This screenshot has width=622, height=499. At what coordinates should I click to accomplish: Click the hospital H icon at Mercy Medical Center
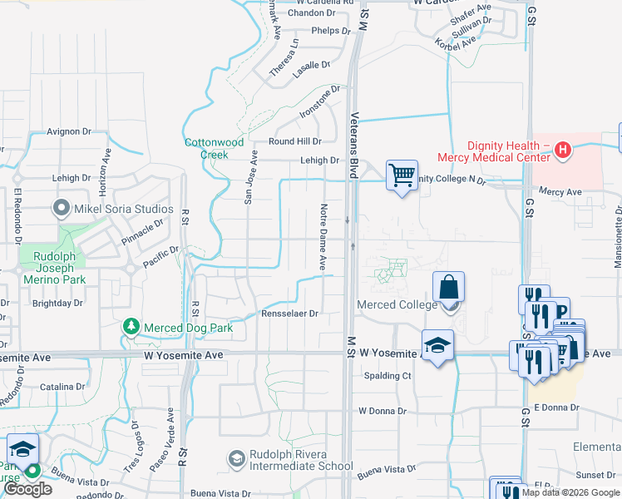tap(563, 150)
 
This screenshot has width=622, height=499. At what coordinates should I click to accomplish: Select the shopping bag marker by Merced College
tap(448, 289)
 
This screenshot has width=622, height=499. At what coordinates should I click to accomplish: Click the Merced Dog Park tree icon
tap(131, 327)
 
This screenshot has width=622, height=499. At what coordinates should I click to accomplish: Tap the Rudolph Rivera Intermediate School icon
tap(237, 458)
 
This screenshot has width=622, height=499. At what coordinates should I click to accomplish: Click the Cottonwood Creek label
tap(214, 148)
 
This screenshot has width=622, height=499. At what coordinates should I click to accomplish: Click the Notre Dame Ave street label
tap(322, 235)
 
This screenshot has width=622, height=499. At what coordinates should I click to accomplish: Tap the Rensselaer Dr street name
tap(290, 314)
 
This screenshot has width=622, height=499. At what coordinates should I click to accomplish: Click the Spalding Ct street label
tap(388, 376)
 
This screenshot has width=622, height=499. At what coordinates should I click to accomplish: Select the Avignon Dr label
tap(68, 131)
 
